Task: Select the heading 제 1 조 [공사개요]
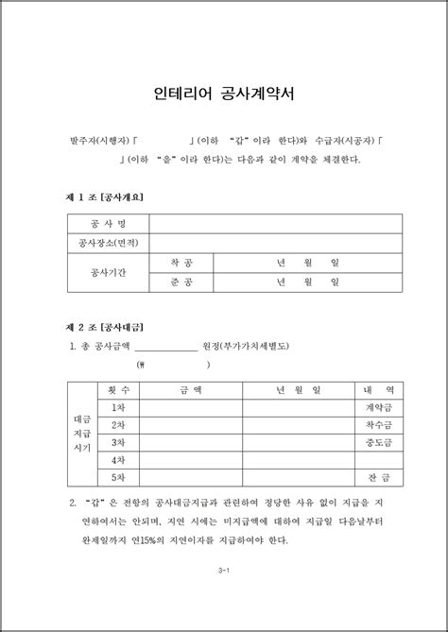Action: point(104,196)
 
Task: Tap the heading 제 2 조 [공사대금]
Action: point(104,326)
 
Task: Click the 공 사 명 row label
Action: point(107,224)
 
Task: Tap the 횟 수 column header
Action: point(119,389)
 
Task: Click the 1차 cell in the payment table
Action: point(119,407)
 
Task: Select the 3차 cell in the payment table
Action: point(119,442)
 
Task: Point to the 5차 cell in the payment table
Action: point(119,477)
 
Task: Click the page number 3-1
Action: point(224,572)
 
